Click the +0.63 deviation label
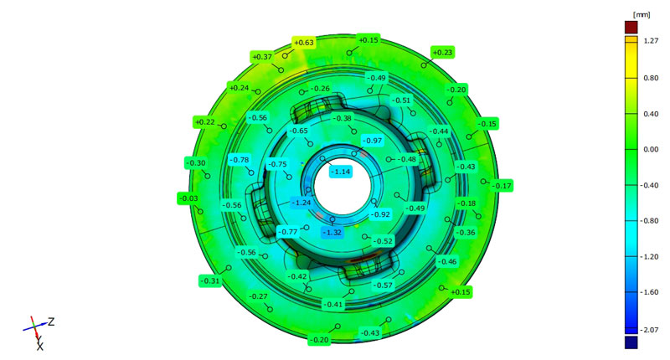pos(304,42)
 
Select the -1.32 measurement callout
pos(332,232)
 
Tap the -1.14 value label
pos(341,172)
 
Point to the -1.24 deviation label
pos(301,203)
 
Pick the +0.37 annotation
pos(262,57)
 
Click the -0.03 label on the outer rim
pos(188,198)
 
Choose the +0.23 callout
pos(442,53)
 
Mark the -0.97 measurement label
pos(372,141)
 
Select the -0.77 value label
pos(287,232)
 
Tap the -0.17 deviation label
pos(502,186)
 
